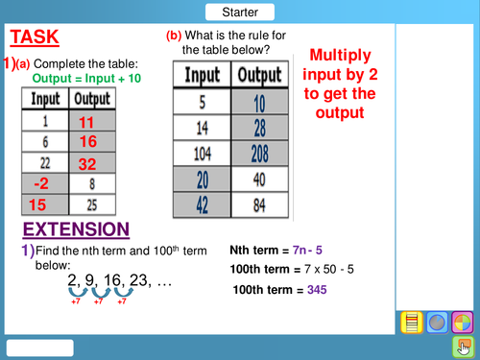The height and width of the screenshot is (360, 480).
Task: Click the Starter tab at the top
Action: point(239,12)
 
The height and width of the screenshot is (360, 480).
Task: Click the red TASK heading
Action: point(35,37)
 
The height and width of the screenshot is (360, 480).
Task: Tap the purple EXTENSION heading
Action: point(76,229)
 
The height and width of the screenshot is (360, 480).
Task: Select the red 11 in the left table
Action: point(87,123)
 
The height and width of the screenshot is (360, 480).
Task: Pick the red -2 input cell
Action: point(39,183)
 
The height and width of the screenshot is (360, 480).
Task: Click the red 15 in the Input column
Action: point(39,204)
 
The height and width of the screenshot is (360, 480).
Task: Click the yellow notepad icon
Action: point(410,323)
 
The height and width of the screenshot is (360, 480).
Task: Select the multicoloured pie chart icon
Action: point(462,323)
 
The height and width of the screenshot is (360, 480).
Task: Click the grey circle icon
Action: point(436,323)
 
